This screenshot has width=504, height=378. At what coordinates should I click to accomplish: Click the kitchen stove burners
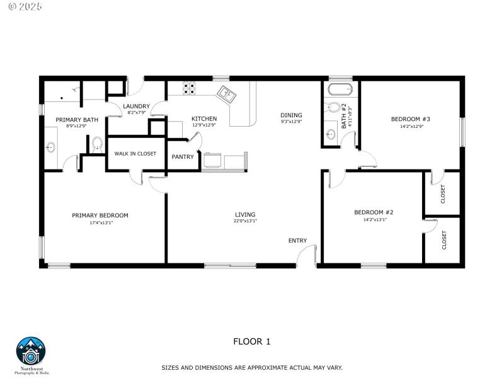(190, 88)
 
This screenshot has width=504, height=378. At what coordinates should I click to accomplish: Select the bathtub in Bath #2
(340, 88)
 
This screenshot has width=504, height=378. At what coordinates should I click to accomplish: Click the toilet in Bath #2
(334, 108)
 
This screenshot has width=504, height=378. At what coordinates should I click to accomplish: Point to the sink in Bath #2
(331, 134)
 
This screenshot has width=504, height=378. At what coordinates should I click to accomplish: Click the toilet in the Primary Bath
(97, 144)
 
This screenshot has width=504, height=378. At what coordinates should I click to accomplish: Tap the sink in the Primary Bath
(51, 147)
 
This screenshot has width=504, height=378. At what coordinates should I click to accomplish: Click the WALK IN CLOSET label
(135, 153)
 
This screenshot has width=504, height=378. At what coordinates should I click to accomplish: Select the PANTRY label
(183, 157)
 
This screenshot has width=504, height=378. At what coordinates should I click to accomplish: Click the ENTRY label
(297, 241)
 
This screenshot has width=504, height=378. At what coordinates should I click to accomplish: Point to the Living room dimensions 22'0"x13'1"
(245, 221)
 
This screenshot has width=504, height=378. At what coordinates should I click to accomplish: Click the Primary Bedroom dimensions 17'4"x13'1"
(100, 222)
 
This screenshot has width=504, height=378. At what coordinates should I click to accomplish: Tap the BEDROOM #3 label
(410, 119)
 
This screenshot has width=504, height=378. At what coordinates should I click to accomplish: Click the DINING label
(291, 115)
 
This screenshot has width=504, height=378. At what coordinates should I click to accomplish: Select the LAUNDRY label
(136, 106)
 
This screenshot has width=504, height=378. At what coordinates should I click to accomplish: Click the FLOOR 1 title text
(251, 341)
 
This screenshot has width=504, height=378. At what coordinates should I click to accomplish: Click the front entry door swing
(307, 255)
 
